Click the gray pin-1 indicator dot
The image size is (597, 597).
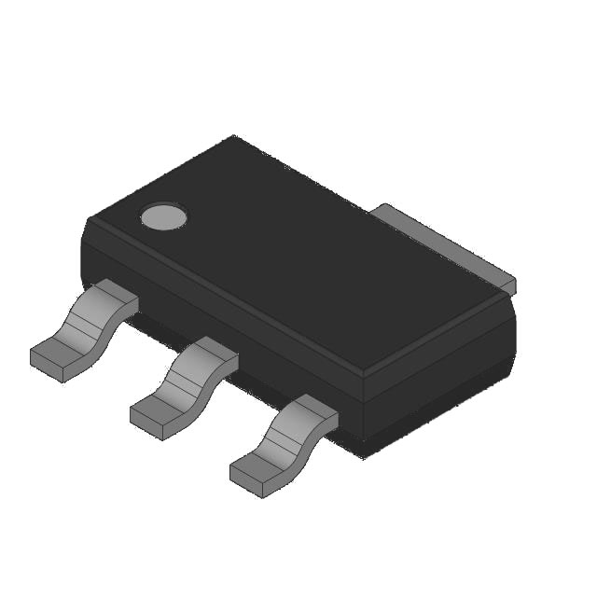point(164,216)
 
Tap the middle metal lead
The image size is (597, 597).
point(186,386)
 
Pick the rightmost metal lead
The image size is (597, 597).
point(285,444)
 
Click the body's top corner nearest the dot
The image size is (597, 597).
point(91,221)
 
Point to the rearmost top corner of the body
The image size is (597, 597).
point(233,138)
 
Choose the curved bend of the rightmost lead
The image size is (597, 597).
point(289,438)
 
